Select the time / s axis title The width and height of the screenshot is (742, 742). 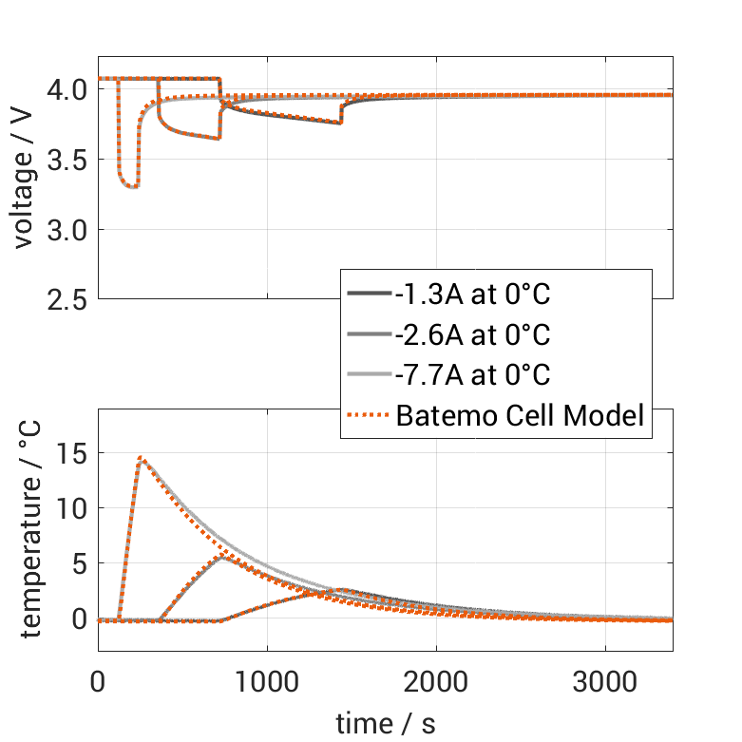(x=385, y=723)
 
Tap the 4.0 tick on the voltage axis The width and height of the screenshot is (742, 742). (x=66, y=90)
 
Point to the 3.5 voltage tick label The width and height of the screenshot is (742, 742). (x=66, y=161)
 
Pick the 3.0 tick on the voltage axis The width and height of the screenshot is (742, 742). (x=66, y=230)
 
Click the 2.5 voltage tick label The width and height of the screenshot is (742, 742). (x=66, y=299)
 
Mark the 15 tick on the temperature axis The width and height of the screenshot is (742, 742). (x=72, y=454)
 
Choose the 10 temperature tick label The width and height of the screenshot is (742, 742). (x=72, y=509)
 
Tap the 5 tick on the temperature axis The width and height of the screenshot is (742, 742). (x=79, y=564)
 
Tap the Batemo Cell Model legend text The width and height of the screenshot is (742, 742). (x=521, y=415)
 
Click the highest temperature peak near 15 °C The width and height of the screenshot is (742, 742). (x=141, y=458)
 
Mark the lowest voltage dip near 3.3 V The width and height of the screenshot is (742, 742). (x=133, y=186)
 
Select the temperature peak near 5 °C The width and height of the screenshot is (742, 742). (x=222, y=557)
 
